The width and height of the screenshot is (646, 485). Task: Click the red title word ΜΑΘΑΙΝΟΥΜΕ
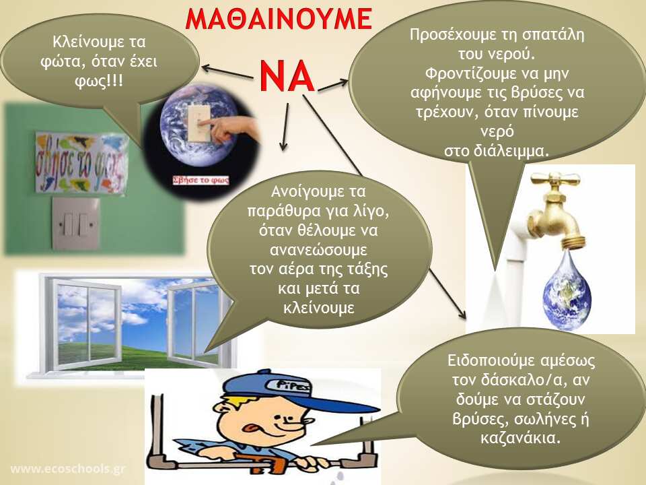[x=279, y=19]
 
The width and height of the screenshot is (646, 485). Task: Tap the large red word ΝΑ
[x=287, y=77]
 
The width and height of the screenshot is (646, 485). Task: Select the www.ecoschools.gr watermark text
[x=68, y=469]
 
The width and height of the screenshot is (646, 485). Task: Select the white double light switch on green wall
[x=75, y=224]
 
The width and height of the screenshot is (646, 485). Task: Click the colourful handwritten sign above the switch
[x=81, y=163]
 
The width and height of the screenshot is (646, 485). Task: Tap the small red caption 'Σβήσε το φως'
[x=201, y=181]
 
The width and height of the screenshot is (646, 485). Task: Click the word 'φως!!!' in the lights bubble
[x=99, y=81]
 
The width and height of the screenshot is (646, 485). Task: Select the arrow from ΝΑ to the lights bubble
[x=227, y=72]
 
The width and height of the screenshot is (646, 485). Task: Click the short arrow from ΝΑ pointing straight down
[x=285, y=127]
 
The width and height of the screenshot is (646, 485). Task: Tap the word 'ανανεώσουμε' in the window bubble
[x=318, y=250]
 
